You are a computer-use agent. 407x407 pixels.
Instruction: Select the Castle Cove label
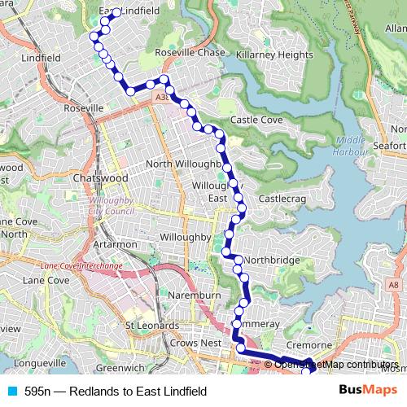256,120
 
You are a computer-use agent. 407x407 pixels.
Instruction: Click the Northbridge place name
272,260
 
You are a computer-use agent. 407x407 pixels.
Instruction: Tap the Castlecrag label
281,199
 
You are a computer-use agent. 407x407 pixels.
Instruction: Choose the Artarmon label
114,244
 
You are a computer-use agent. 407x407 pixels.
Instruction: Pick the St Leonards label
151,326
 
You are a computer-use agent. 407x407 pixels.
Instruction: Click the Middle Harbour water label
350,146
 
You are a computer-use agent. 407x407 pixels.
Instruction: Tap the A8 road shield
394,284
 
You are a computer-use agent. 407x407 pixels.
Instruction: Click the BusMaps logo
368,391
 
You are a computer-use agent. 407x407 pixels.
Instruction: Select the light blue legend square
11,392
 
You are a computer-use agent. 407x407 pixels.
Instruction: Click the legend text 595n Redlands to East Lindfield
115,392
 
